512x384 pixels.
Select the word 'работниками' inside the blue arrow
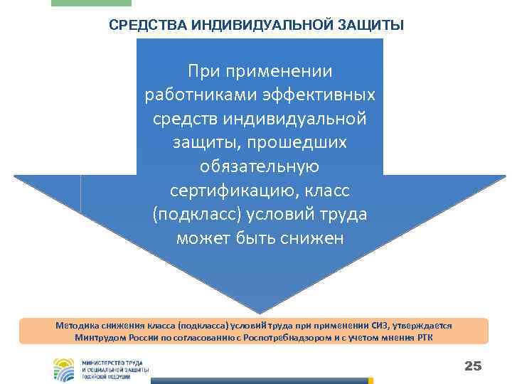(x=190, y=95)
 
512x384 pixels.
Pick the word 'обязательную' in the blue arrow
(x=260, y=166)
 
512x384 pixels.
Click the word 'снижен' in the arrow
(x=314, y=238)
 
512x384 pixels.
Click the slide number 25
(x=472, y=366)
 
